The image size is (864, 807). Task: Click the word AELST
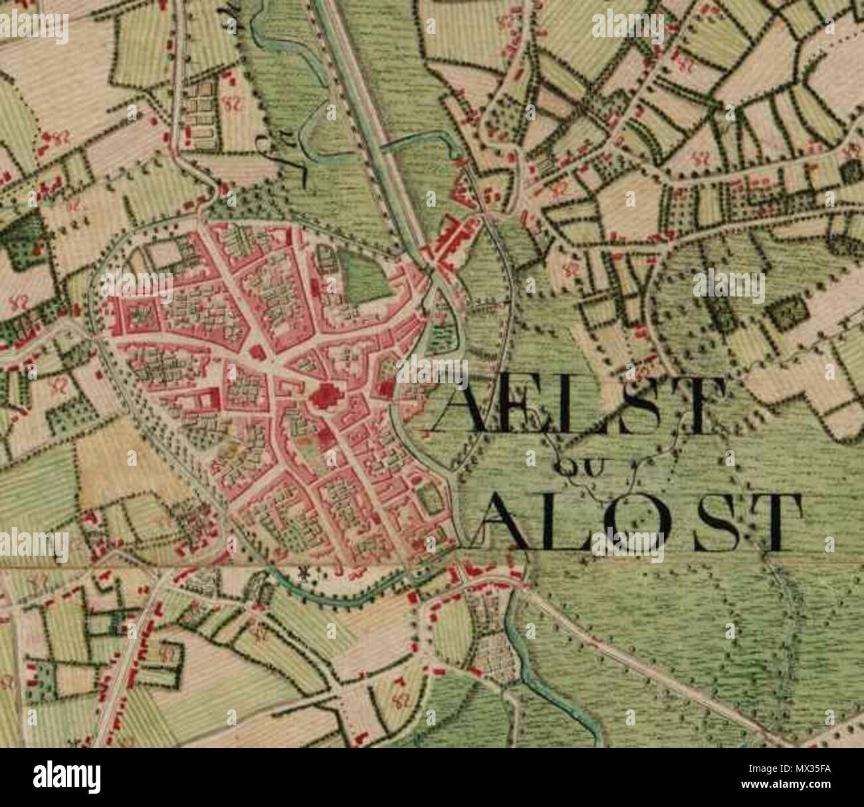[578, 405]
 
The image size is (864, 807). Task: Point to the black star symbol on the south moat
[306, 573]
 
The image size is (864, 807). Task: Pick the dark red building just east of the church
[383, 390]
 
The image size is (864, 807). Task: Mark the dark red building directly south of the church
[325, 438]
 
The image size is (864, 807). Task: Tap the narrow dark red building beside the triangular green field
[331, 287]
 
